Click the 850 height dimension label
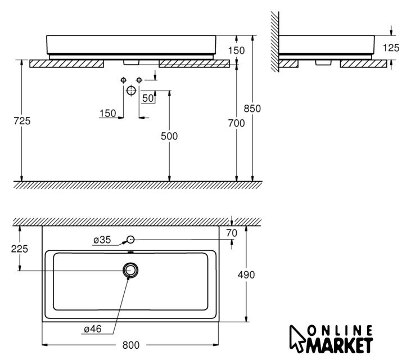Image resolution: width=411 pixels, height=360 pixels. tap(252, 109)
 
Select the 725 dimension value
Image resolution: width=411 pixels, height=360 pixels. tap(22, 120)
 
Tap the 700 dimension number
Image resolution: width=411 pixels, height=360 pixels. tap(236, 123)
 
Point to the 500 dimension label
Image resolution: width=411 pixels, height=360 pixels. tap(169, 136)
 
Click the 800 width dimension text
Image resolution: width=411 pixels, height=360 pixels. tap(131, 345)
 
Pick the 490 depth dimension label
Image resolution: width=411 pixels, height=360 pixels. tap(246, 275)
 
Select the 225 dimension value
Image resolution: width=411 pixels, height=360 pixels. tap(19, 249)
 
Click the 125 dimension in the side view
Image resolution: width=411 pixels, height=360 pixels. tap(391, 48)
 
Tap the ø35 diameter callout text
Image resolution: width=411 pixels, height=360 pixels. tap(102, 240)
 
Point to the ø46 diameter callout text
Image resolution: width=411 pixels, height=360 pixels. tap(93, 329)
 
